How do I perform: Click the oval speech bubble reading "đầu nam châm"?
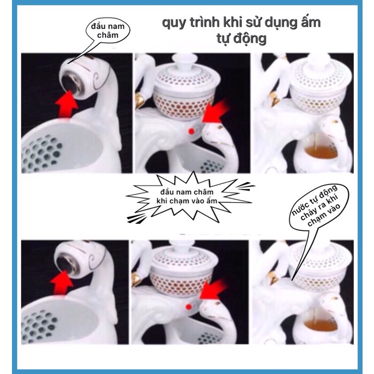pyautogui.click(x=108, y=30)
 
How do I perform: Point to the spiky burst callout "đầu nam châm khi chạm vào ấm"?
pyautogui.click(x=187, y=196)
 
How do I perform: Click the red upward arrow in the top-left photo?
pyautogui.click(x=66, y=104)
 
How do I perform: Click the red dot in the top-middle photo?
pyautogui.click(x=191, y=131)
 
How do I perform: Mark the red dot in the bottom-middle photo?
pyautogui.click(x=189, y=307)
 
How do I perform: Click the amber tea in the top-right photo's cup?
pyautogui.click(x=320, y=153)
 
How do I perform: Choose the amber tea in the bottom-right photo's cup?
pyautogui.click(x=320, y=325)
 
